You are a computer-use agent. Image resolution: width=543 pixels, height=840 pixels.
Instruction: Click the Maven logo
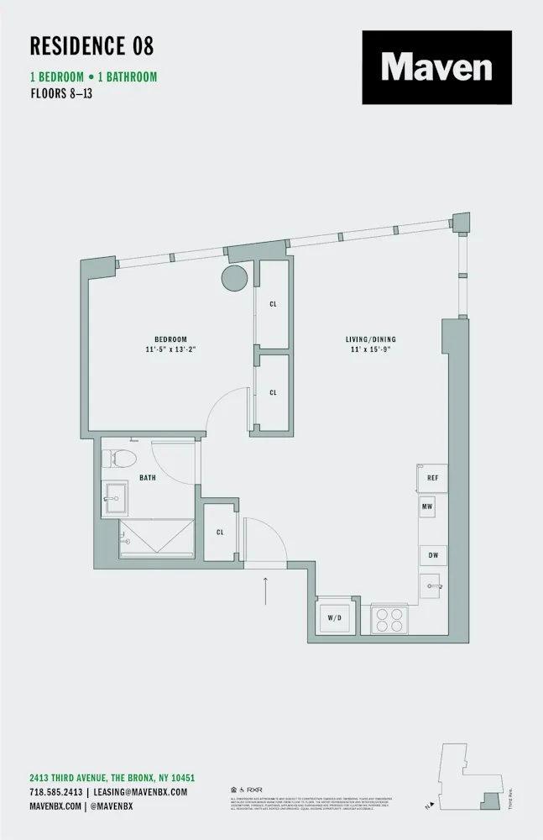pyautogui.click(x=436, y=67)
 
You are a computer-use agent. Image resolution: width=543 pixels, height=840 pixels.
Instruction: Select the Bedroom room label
pyautogui.click(x=170, y=339)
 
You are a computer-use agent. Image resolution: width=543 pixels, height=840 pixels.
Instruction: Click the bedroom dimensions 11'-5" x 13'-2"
pyautogui.click(x=170, y=349)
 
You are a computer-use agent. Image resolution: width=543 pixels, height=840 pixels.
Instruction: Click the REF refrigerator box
pyautogui.click(x=431, y=478)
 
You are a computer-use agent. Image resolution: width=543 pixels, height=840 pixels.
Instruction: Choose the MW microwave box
pyautogui.click(x=427, y=508)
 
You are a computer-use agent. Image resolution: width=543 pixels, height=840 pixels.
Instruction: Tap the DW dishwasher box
pyautogui.click(x=433, y=555)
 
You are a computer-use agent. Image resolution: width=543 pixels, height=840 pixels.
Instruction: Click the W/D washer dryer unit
pyautogui.click(x=334, y=617)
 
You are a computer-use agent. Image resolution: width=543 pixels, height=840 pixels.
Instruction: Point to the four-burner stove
pyautogui.click(x=389, y=619)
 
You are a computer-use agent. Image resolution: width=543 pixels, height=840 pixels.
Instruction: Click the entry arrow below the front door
pyautogui.click(x=266, y=591)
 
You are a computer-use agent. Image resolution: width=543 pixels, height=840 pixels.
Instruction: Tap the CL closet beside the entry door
pyautogui.click(x=220, y=532)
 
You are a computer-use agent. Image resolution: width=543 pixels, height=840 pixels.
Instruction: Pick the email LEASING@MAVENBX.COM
pyautogui.click(x=139, y=792)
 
